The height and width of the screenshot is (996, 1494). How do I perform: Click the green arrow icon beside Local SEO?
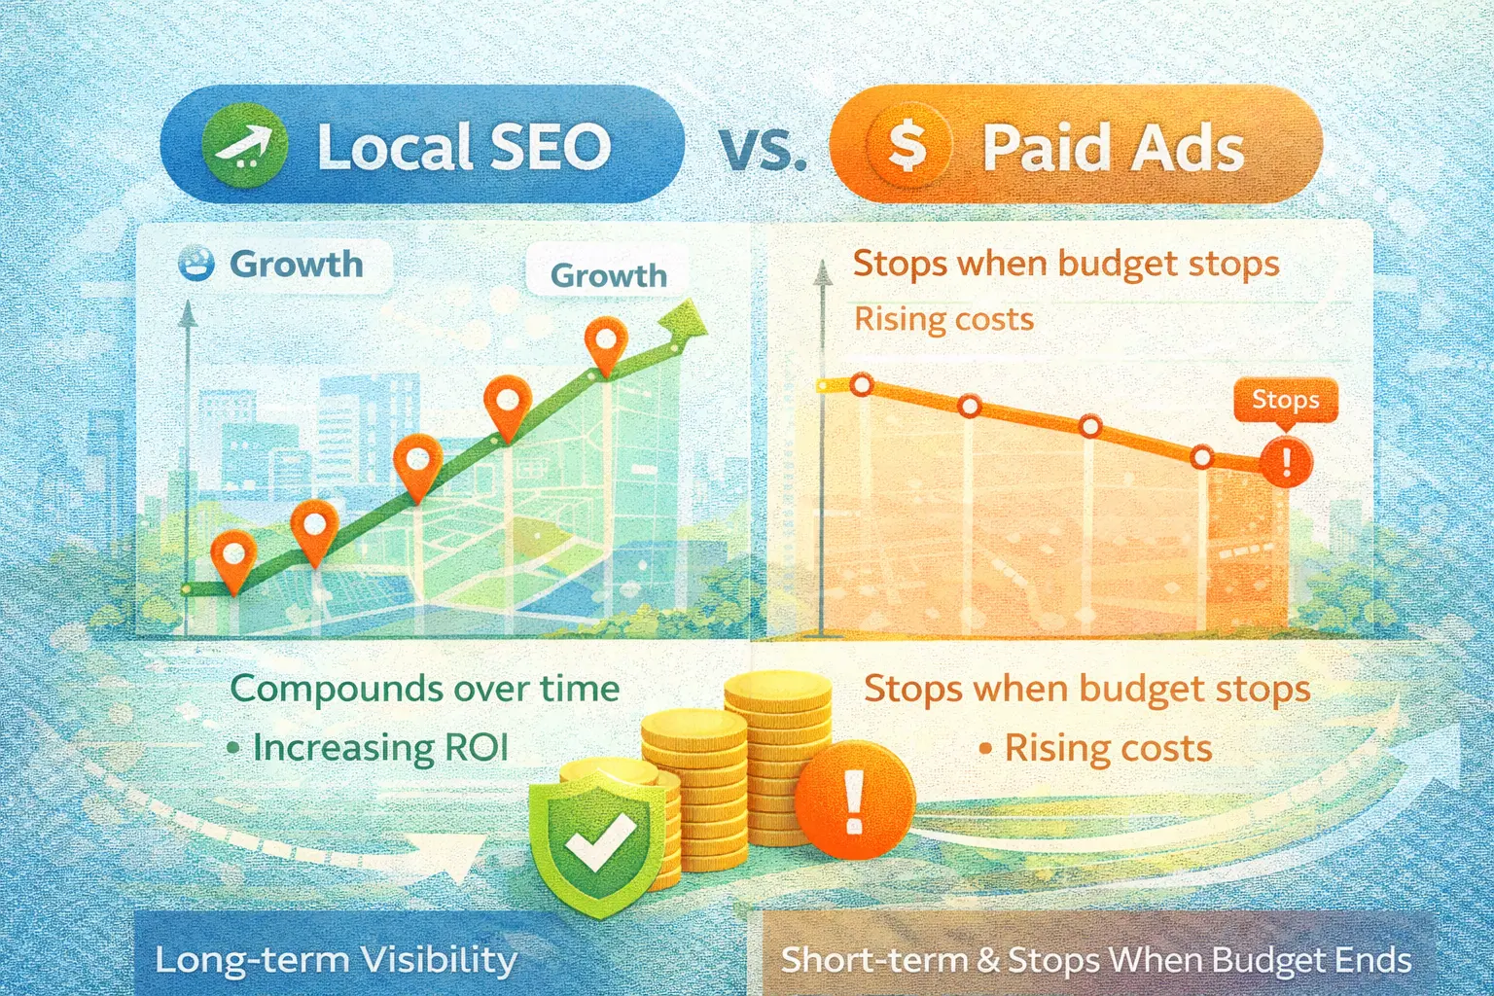(x=243, y=146)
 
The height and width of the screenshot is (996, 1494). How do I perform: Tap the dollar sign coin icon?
(x=907, y=147)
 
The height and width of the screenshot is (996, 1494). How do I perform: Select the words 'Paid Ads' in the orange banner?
(x=1113, y=149)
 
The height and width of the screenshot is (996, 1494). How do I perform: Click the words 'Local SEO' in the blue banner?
(x=464, y=147)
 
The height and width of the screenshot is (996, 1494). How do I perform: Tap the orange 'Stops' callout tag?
(x=1285, y=400)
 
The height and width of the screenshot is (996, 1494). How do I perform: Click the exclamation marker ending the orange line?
(x=1286, y=460)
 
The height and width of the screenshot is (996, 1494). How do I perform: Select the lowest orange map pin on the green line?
(x=233, y=557)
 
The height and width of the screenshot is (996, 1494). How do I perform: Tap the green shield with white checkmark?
(x=597, y=838)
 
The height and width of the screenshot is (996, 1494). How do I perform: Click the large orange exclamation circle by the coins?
(x=854, y=800)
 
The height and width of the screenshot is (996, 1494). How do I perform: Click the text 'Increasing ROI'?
(x=380, y=747)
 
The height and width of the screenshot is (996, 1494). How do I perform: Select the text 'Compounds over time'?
(x=425, y=689)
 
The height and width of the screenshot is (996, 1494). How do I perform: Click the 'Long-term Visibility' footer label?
(x=336, y=960)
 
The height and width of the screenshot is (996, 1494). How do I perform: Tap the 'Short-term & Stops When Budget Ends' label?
(x=1096, y=960)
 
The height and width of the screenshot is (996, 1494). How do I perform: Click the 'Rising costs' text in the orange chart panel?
(x=943, y=319)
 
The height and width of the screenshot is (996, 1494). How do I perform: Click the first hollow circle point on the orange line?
(x=861, y=385)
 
